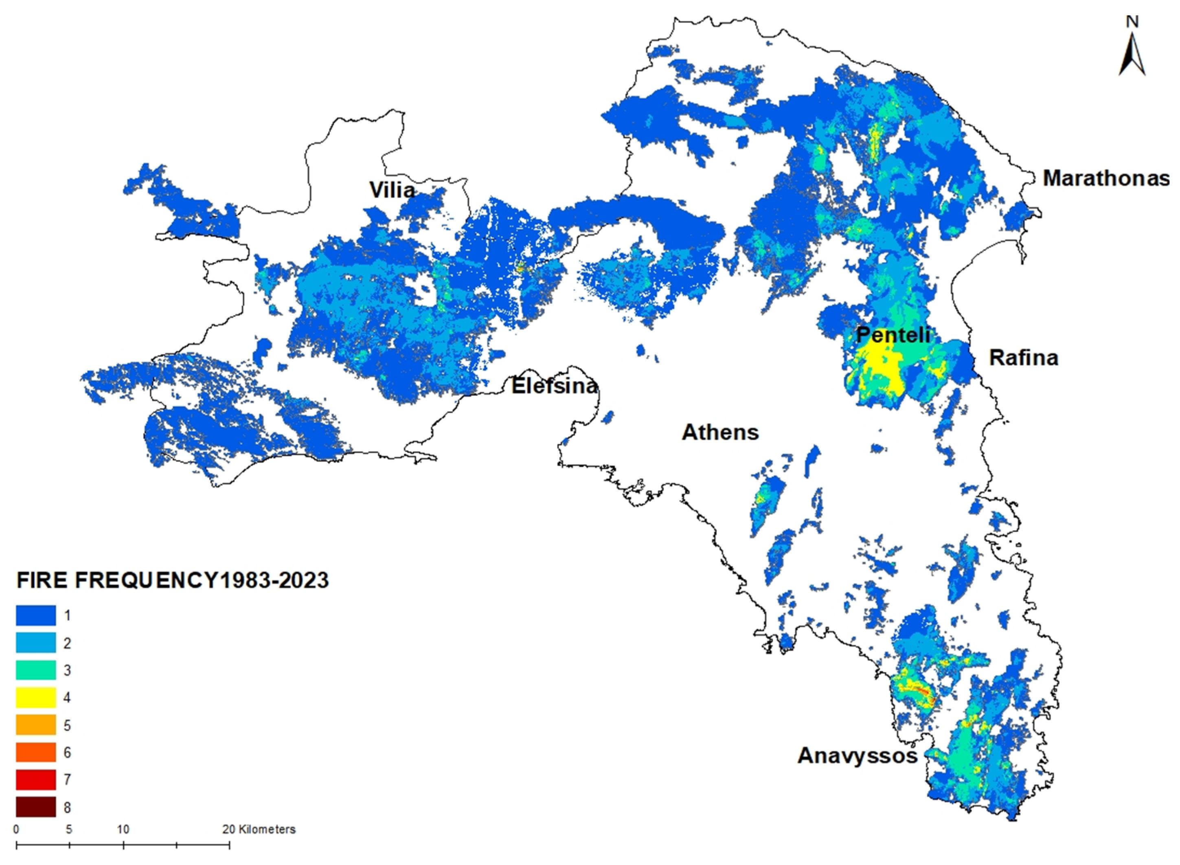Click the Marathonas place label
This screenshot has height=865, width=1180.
pyautogui.click(x=1105, y=178)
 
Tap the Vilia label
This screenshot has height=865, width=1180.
pyautogui.click(x=392, y=189)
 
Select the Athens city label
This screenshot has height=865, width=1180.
pyautogui.click(x=720, y=432)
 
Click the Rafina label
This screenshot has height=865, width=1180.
pyautogui.click(x=1024, y=358)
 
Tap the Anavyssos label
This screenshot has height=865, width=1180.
pyautogui.click(x=858, y=755)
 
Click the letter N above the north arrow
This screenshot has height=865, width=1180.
pyautogui.click(x=1132, y=22)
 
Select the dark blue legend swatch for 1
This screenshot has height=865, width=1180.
pyautogui.click(x=35, y=615)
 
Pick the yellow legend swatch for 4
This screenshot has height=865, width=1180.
pyautogui.click(x=35, y=698)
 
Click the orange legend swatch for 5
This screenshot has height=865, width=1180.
pyautogui.click(x=35, y=725)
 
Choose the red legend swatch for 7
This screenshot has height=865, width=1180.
pyautogui.click(x=35, y=779)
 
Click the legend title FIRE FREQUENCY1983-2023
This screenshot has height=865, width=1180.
pyautogui.click(x=173, y=580)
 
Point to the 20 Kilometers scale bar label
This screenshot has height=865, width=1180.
pyautogui.click(x=259, y=830)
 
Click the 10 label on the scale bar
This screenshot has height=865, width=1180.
pyautogui.click(x=123, y=830)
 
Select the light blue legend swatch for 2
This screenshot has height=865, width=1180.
pyautogui.click(x=35, y=643)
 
